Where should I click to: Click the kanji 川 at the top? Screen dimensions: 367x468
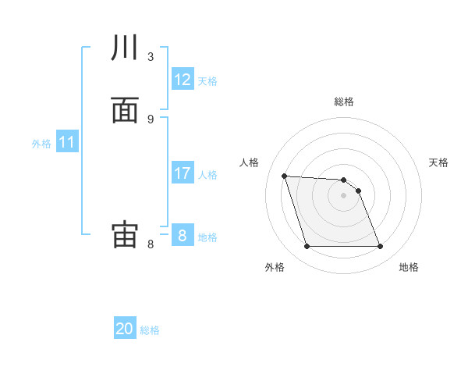point(125,48)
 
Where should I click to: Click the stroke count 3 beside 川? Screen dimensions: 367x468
point(151,56)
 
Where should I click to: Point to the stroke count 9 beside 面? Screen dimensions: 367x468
point(151,119)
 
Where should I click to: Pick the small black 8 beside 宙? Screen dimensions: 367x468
point(151,244)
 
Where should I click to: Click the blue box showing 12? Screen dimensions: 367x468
point(183,80)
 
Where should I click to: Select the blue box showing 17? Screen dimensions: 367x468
point(183,173)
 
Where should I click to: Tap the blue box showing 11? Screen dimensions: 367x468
point(67,142)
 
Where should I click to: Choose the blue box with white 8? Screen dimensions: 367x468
point(183,236)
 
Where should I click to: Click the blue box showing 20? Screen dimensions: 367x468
point(125,329)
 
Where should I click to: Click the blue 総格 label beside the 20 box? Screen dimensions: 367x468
point(150,330)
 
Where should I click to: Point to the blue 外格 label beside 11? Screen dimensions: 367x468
point(41,144)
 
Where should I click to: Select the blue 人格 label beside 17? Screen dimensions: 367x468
point(207,175)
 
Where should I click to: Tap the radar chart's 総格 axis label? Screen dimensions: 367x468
point(344,102)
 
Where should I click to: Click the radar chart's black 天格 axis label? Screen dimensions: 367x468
point(439,162)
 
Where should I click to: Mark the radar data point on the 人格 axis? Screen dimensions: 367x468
point(284,176)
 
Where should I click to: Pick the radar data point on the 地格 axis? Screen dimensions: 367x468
point(381,247)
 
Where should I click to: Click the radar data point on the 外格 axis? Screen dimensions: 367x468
point(307,247)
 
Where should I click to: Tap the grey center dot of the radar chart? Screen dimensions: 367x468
point(344,195)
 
